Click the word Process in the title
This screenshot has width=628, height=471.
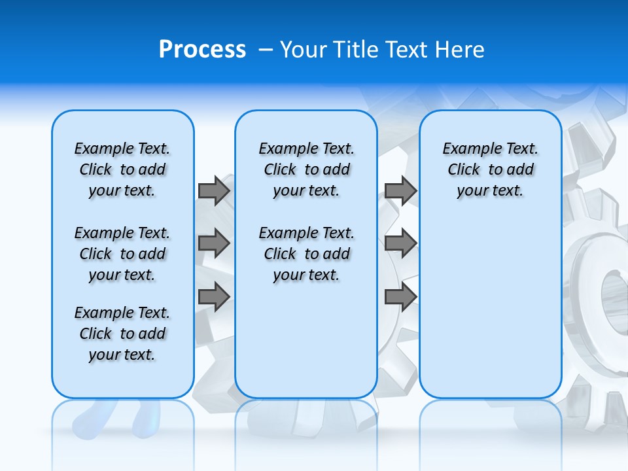click(x=202, y=50)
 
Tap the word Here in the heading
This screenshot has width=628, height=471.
click(x=458, y=50)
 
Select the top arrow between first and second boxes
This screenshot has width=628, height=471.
click(x=214, y=190)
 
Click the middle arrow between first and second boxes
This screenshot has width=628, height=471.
click(x=214, y=244)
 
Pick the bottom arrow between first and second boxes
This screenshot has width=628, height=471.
click(x=214, y=297)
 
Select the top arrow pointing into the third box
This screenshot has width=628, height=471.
click(x=400, y=190)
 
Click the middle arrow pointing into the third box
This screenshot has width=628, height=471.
click(x=400, y=244)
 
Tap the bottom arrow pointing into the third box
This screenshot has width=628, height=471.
click(x=400, y=297)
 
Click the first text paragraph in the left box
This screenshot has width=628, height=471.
click(x=122, y=169)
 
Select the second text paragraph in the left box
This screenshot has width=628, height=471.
click(x=122, y=254)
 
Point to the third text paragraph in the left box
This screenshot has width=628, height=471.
click(x=122, y=334)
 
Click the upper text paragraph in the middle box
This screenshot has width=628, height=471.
click(x=306, y=169)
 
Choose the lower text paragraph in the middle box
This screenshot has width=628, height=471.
click(x=306, y=254)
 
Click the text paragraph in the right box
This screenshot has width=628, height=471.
click(x=490, y=169)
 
